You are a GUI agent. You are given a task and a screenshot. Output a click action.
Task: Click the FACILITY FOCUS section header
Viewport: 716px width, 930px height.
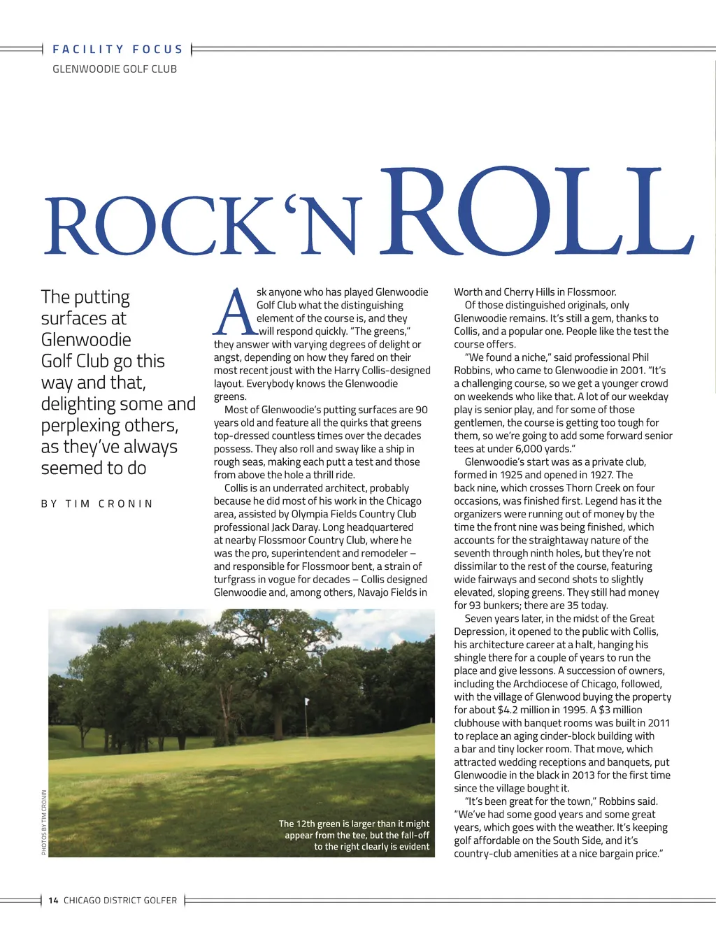(x=117, y=49)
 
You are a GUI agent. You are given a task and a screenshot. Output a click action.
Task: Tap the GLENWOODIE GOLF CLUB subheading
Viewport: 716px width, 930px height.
(x=115, y=69)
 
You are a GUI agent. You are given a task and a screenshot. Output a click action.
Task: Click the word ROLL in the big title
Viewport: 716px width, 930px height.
(x=537, y=213)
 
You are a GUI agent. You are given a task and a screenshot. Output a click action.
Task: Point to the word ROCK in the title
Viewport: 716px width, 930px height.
(x=161, y=227)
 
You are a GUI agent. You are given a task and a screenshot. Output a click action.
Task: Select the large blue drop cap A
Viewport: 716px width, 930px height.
(x=235, y=313)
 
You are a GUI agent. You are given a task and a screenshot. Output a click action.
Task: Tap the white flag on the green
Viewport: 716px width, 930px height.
(x=306, y=701)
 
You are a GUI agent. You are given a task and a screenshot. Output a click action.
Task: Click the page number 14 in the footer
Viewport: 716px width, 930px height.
(x=54, y=901)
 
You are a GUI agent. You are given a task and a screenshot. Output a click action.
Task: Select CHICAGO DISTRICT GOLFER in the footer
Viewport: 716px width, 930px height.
(x=120, y=901)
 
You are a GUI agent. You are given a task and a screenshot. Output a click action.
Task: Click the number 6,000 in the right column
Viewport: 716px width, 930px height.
(x=522, y=449)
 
